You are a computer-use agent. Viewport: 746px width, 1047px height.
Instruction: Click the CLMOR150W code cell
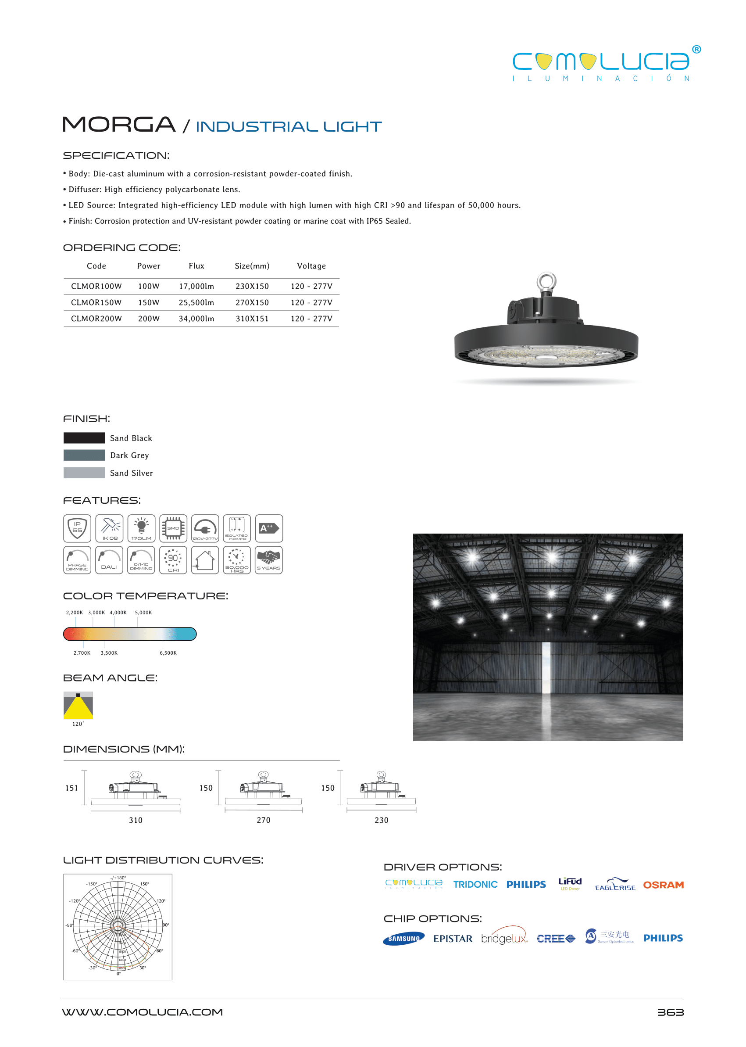point(96,302)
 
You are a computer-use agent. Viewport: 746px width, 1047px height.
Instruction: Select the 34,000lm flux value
point(196,319)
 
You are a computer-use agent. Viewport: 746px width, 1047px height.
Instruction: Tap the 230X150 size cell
point(252,287)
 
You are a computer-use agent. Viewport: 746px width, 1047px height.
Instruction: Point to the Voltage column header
point(311,265)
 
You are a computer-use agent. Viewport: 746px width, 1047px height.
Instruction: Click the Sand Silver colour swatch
point(84,473)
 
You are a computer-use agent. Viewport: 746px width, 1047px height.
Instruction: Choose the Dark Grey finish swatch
point(84,455)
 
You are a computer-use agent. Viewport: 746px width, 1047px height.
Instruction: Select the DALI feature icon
point(109,560)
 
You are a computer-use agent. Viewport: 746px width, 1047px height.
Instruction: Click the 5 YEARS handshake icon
point(269,560)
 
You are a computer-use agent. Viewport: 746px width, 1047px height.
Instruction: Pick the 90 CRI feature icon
point(173,560)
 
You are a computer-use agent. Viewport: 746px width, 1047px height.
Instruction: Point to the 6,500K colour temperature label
point(168,653)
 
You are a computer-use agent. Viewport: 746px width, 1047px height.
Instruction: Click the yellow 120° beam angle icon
point(78,705)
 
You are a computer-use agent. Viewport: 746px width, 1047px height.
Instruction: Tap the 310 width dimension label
point(136,820)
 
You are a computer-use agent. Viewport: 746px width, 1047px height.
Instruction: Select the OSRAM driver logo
point(663,885)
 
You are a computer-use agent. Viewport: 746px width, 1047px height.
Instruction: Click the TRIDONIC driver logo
point(475,884)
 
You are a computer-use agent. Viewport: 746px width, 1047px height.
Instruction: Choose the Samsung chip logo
point(403,938)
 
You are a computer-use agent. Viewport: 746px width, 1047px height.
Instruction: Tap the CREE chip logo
point(555,939)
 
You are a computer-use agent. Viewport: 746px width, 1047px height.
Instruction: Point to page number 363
point(670,1012)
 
